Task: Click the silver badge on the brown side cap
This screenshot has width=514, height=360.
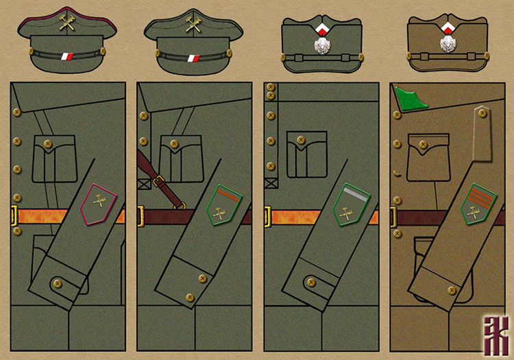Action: click(x=447, y=43)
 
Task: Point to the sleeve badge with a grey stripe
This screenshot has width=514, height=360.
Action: click(x=351, y=205)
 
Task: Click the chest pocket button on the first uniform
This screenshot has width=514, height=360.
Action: click(x=48, y=143)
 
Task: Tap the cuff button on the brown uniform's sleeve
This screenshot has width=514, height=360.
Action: click(x=452, y=290)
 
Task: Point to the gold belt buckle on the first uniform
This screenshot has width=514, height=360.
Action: click(x=14, y=217)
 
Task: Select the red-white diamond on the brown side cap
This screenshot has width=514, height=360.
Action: click(x=447, y=28)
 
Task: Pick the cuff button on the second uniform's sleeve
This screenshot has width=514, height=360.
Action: click(x=201, y=278)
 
